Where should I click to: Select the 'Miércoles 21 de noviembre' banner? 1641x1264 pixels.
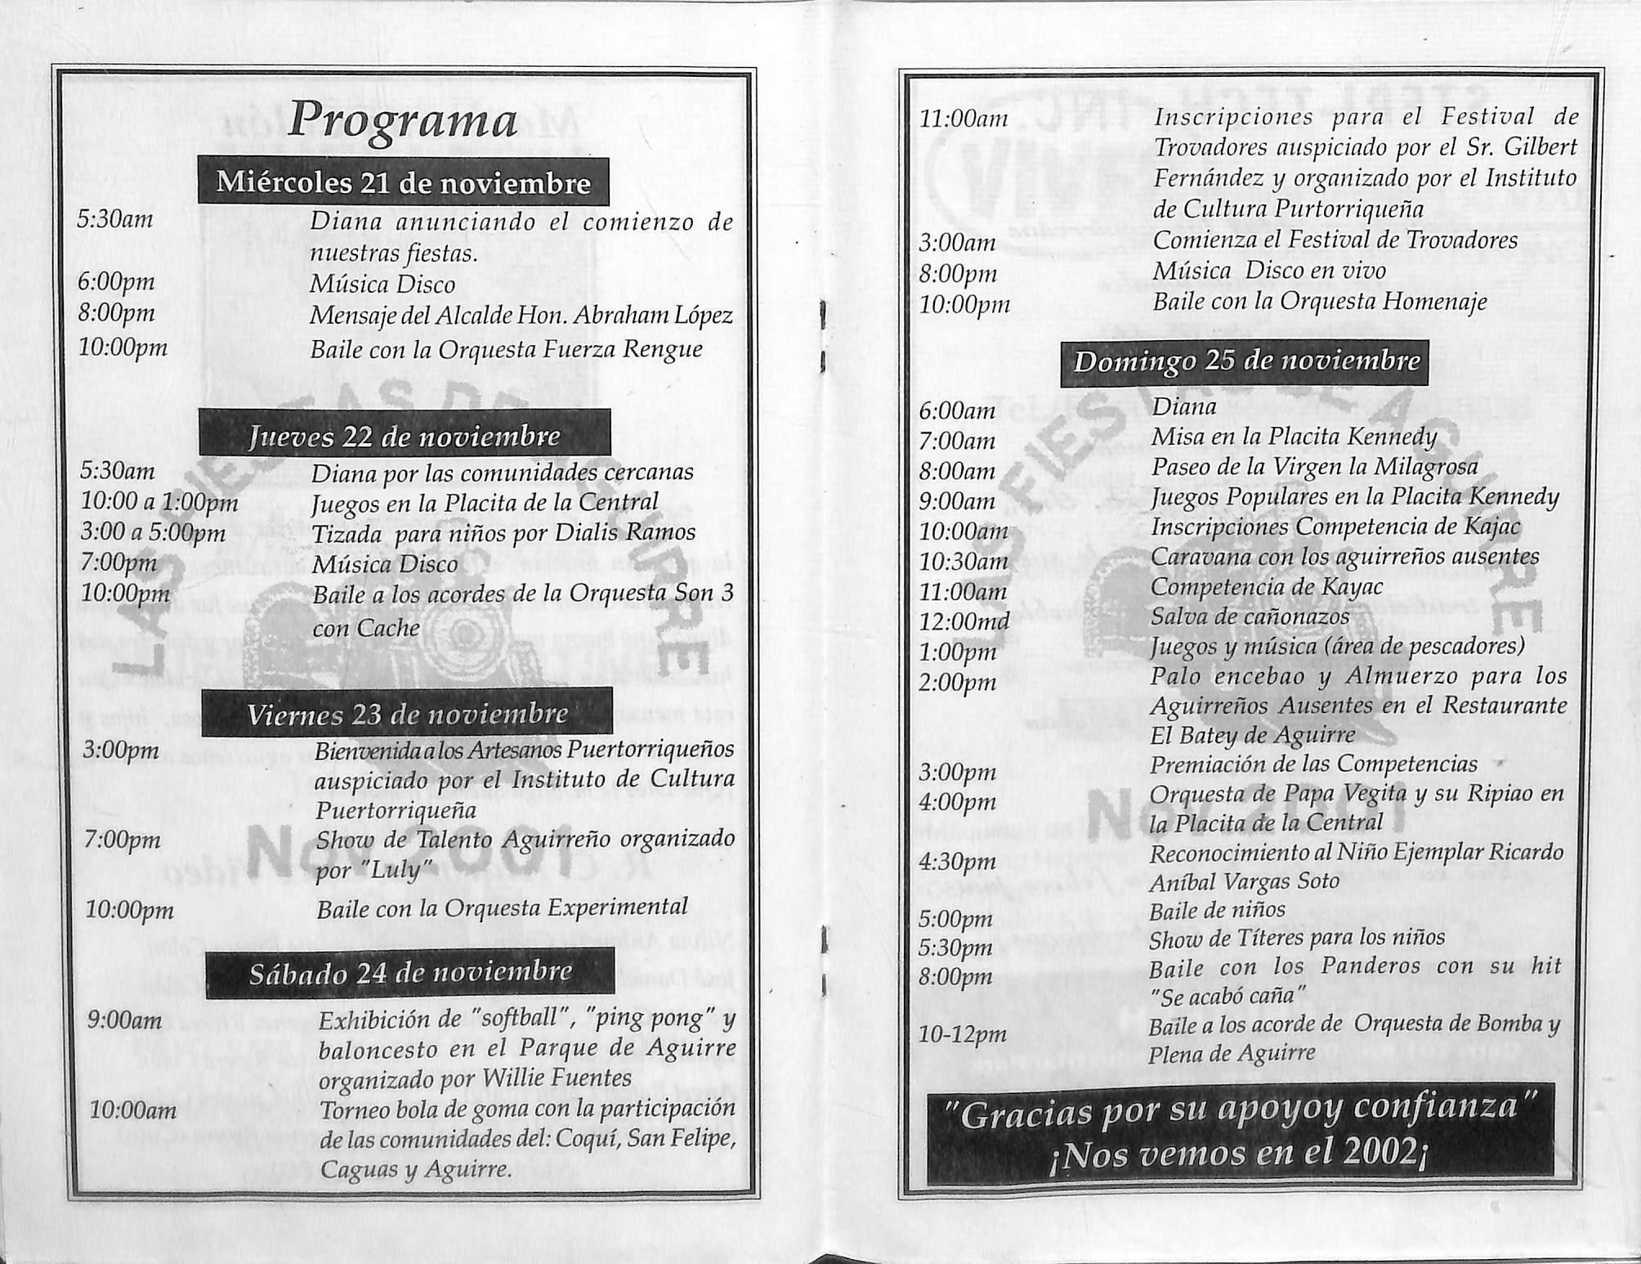pos(403,182)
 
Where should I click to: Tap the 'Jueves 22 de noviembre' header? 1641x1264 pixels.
pos(405,435)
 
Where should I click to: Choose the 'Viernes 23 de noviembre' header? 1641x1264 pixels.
pos(407,714)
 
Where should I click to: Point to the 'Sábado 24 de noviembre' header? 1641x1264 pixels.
pos(410,973)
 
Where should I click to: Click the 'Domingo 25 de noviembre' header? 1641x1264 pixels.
pos(1245,361)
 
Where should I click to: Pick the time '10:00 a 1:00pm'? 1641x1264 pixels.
pos(159,502)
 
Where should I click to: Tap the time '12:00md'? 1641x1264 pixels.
pos(964,621)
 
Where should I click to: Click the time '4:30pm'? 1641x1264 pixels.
pos(958,861)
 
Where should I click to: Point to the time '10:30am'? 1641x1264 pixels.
pos(964,561)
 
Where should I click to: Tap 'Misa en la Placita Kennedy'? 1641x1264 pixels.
pos(1294,437)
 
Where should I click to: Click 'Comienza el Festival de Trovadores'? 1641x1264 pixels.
pos(1335,240)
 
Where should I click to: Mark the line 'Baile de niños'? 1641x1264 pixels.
pos(1217,910)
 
